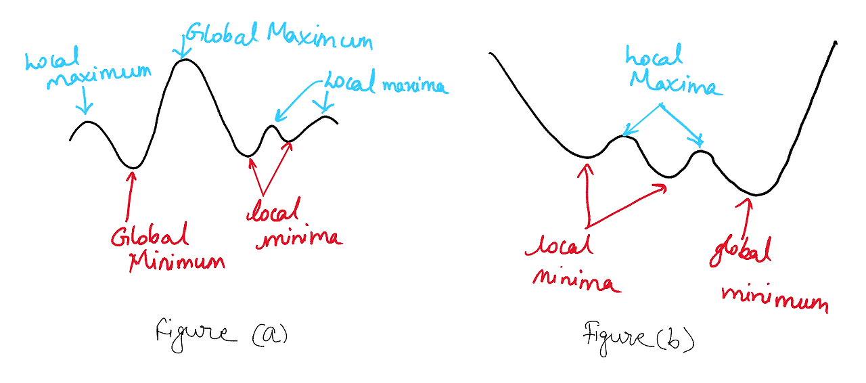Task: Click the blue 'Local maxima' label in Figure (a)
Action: coord(386,84)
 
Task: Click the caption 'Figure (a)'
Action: coord(221,334)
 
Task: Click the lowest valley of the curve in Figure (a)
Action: coord(134,167)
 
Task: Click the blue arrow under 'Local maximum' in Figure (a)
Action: coord(84,103)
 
